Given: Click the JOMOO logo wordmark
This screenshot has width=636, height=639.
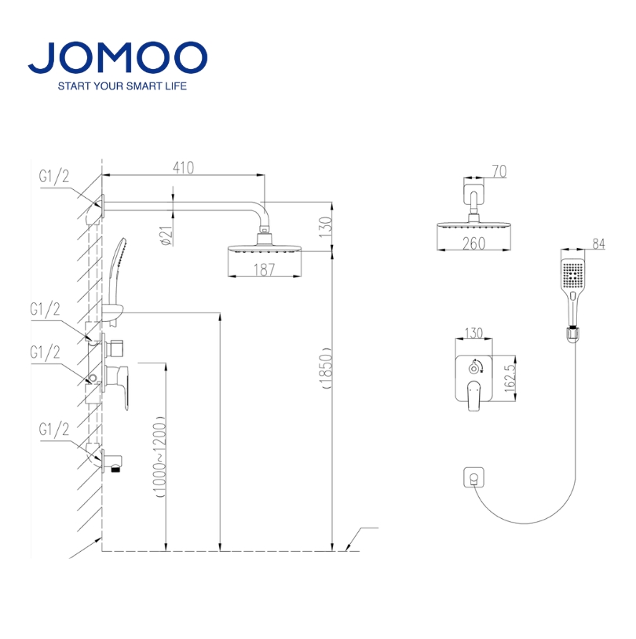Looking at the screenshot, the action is (118, 57).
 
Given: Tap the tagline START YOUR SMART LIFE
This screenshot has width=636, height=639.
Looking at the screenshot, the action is (122, 86).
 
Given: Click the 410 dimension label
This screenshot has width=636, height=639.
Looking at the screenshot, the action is (184, 168).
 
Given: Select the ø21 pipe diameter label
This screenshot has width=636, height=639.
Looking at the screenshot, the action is (166, 236).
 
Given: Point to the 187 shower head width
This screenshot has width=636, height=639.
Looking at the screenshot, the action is (264, 269).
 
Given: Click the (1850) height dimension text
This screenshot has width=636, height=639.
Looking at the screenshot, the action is (327, 368).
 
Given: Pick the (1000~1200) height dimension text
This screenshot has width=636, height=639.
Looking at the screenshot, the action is (159, 457).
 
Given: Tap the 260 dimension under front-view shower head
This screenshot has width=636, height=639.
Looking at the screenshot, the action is (473, 243).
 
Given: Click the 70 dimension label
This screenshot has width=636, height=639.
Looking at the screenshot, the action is (499, 172).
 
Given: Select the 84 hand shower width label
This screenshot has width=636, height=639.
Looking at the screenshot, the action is (598, 243).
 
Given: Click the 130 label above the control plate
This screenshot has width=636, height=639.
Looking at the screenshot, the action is (473, 333).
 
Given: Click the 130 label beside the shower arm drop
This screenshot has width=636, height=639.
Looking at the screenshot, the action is (325, 227).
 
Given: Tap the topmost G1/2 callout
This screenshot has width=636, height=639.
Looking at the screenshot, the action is (54, 177).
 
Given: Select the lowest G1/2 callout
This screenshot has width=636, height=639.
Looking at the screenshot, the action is (54, 429).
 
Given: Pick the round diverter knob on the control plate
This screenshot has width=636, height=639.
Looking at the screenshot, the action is (473, 369).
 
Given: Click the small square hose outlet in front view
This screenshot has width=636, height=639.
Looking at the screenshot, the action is (473, 477).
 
